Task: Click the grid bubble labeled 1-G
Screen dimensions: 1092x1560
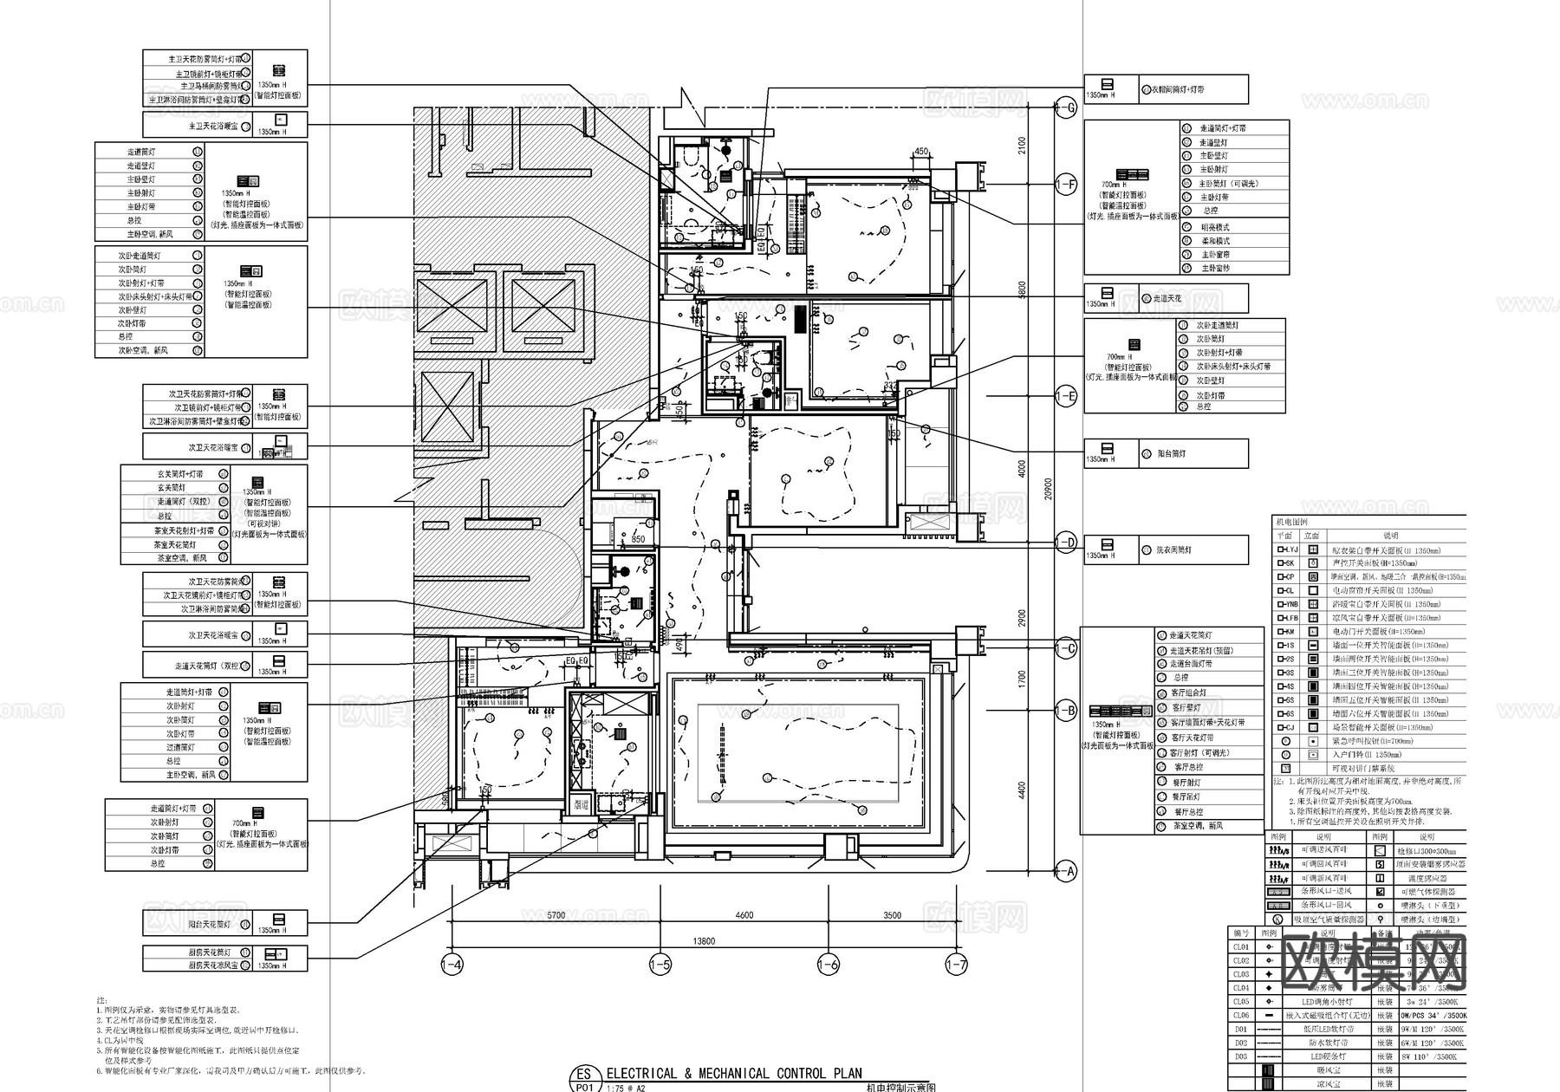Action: pyautogui.click(x=1066, y=108)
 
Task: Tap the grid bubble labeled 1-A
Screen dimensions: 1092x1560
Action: pyautogui.click(x=1066, y=873)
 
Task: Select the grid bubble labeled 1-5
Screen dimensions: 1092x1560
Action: pyautogui.click(x=660, y=965)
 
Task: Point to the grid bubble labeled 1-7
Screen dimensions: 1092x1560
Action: pyautogui.click(x=956, y=965)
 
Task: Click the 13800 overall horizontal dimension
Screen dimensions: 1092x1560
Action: pyautogui.click(x=705, y=941)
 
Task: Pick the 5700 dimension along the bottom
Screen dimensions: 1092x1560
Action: pyautogui.click(x=556, y=915)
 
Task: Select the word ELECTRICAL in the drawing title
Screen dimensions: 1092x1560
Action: pyautogui.click(x=641, y=1074)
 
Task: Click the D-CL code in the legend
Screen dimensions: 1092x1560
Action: pyautogui.click(x=1285, y=591)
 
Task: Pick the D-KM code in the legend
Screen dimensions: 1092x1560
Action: pyautogui.click(x=1285, y=632)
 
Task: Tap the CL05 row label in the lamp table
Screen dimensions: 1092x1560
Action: pyautogui.click(x=1241, y=1002)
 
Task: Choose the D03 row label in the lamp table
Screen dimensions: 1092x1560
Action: pyautogui.click(x=1241, y=1056)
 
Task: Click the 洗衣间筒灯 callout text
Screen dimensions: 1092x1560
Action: pyautogui.click(x=1173, y=549)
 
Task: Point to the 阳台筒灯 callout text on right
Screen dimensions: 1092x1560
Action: pyautogui.click(x=1172, y=453)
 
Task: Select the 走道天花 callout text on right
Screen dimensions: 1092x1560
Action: pyautogui.click(x=1167, y=298)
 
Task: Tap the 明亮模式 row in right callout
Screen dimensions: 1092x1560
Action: pyautogui.click(x=1214, y=227)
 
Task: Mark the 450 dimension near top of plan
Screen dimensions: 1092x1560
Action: pyautogui.click(x=921, y=152)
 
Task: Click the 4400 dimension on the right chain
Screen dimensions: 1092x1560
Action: pyautogui.click(x=1023, y=790)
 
